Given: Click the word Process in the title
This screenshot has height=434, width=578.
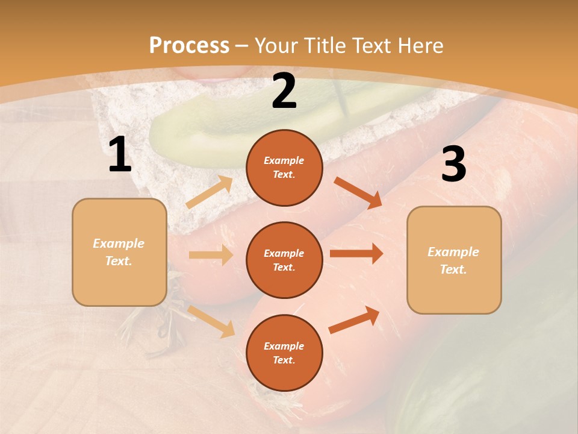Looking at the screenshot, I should (x=189, y=46).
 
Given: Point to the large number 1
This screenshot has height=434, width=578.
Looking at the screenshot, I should (x=120, y=155).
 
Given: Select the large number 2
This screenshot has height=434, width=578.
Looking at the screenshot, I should (x=284, y=92).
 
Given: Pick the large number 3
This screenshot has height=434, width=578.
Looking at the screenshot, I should (x=453, y=165).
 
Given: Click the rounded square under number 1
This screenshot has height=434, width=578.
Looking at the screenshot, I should (x=119, y=252).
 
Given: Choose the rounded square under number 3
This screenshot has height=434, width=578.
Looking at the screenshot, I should (x=454, y=260).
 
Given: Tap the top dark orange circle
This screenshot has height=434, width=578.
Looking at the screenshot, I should (x=284, y=168).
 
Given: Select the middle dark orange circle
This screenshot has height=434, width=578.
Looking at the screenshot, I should (x=284, y=260).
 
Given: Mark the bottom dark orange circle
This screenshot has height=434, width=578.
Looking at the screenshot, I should (x=284, y=353).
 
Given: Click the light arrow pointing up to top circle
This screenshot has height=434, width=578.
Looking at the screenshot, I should (x=210, y=192).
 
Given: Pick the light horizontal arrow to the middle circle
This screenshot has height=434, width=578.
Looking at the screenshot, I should (x=211, y=255).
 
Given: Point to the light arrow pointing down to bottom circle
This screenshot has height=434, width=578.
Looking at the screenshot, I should (x=211, y=321).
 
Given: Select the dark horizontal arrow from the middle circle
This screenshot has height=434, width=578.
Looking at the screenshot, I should (x=356, y=253).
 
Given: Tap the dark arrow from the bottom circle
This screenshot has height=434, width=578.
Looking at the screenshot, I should (x=354, y=319).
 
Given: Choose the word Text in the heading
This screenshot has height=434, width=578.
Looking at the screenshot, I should (x=368, y=46).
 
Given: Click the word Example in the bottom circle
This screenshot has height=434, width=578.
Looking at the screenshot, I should (x=284, y=346).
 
